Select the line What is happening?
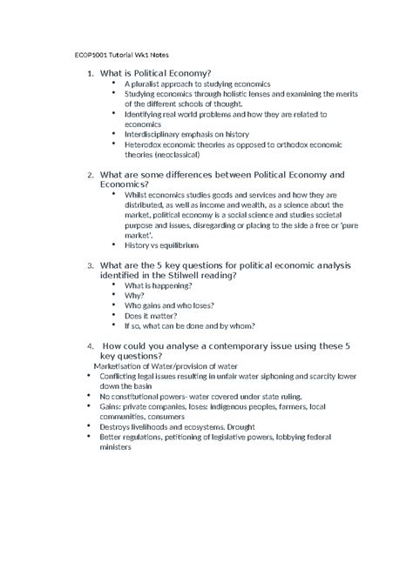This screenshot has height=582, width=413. pos(159,284)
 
